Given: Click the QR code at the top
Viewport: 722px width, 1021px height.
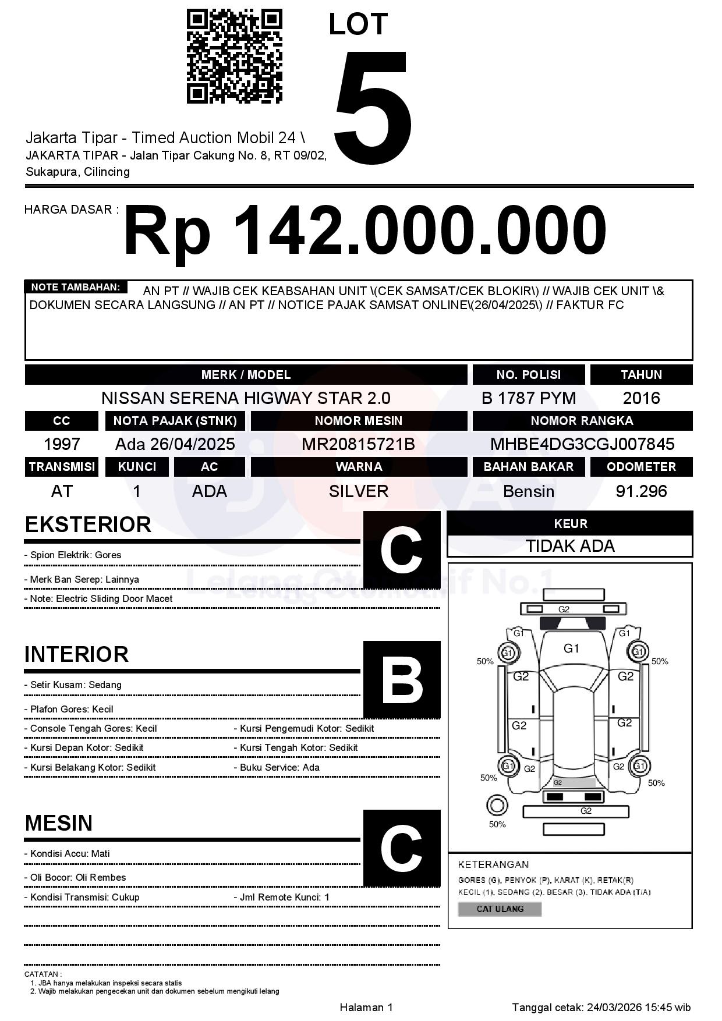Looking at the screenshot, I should [x=234, y=56].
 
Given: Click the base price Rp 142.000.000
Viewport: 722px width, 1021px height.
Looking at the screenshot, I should [x=365, y=231].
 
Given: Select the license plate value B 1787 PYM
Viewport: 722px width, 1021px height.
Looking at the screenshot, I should [x=528, y=398].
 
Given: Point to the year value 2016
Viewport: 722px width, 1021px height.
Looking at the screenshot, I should [x=641, y=398].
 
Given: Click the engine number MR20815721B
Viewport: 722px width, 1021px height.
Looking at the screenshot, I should [x=358, y=445].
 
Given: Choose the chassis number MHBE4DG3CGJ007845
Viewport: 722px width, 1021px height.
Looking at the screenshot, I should [x=582, y=445].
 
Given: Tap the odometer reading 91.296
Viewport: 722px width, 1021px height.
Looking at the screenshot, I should [x=641, y=491].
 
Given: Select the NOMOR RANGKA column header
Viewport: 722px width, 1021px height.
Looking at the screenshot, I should [x=582, y=421].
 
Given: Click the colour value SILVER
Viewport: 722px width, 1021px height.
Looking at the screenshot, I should [x=358, y=491].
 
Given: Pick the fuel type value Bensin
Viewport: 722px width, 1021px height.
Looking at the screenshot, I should [x=528, y=491].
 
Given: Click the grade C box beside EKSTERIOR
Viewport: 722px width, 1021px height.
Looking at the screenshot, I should [x=401, y=550].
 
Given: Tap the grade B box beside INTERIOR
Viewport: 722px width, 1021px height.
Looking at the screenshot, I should [x=401, y=679].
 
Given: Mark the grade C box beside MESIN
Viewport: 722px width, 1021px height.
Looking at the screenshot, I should [x=401, y=848].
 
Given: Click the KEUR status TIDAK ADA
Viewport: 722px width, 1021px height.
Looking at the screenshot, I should [x=570, y=546].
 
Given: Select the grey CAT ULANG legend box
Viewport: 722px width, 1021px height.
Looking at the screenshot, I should [x=500, y=909].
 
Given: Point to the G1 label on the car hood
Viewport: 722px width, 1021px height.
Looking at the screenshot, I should [x=571, y=648].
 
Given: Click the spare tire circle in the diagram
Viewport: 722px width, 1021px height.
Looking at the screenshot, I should [x=497, y=806].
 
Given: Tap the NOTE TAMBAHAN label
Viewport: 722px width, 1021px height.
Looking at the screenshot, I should [x=75, y=287].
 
